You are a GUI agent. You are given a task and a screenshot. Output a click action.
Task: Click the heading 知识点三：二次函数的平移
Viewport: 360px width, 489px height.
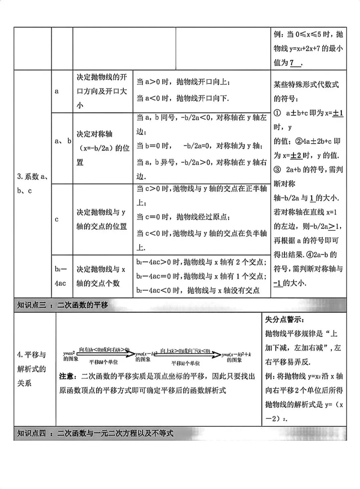tap(63, 305)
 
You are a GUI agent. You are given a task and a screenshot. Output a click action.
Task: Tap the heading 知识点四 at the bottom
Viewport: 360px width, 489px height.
tap(95, 433)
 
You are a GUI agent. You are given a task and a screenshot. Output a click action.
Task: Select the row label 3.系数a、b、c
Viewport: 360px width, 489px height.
tap(32, 184)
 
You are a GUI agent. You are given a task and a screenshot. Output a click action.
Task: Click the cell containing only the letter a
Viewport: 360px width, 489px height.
tap(57, 91)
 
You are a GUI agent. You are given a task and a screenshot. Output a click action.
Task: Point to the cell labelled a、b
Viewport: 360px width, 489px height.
tap(63, 141)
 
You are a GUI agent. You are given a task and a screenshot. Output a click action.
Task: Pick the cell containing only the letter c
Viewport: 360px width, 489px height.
tap(57, 219)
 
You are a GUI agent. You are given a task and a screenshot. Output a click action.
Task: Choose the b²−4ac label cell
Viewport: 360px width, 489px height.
tap(61, 276)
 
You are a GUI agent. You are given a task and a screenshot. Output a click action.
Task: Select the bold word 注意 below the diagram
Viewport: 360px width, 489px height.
tap(67, 376)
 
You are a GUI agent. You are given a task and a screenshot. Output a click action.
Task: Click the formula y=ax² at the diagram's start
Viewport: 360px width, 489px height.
tap(70, 353)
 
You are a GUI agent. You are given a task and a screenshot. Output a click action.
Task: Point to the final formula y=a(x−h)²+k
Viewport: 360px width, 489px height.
tap(236, 355)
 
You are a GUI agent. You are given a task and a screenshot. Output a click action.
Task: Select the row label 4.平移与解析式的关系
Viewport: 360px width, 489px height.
tap(32, 369)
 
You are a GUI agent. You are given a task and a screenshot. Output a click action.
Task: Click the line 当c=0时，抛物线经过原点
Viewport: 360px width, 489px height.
tap(184, 217)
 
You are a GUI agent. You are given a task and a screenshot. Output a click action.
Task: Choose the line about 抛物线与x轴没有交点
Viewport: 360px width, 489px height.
tap(198, 290)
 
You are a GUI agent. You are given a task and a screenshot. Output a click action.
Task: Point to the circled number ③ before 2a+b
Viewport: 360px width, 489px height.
tap(277, 170)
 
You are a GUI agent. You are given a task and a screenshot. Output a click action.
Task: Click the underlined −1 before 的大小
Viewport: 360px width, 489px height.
tap(277, 283)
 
